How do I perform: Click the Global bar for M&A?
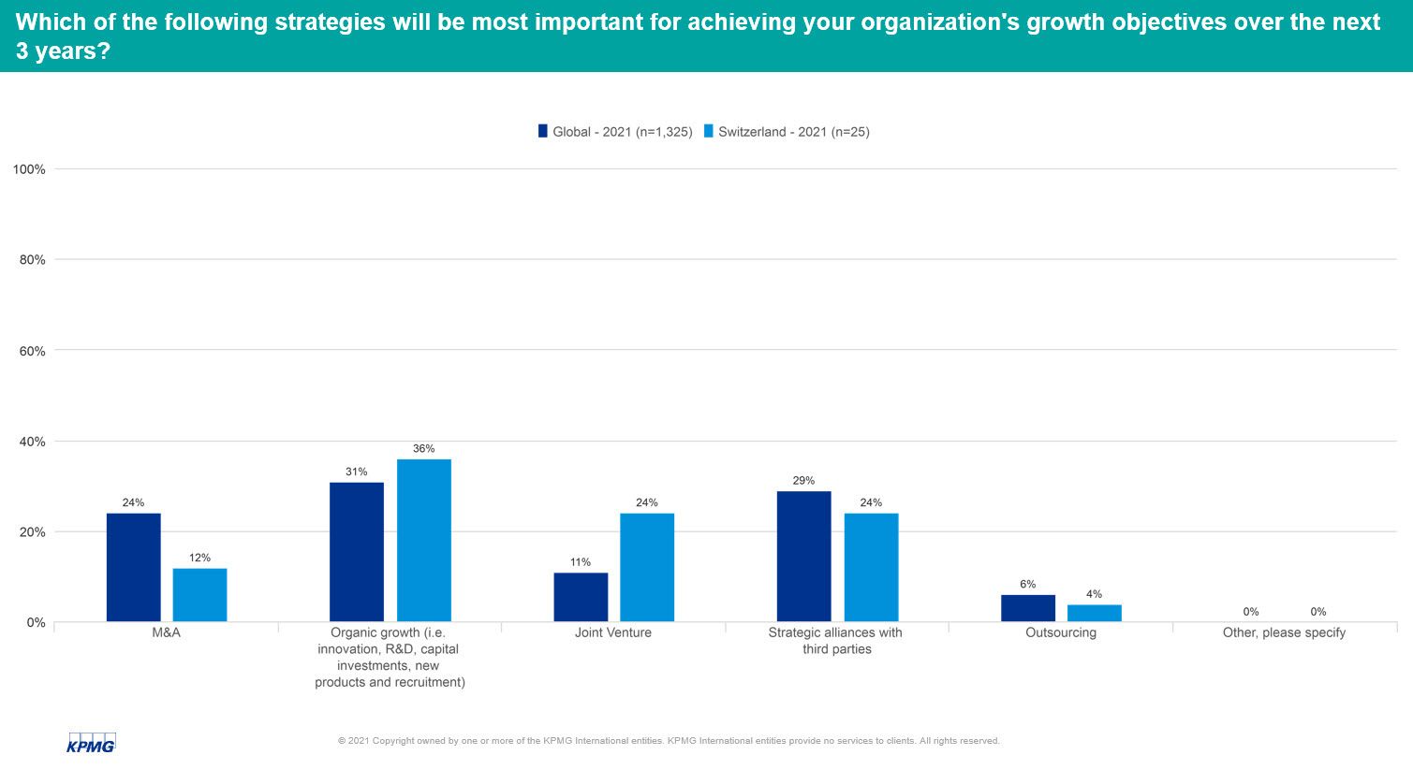133,567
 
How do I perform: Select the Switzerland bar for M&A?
199,595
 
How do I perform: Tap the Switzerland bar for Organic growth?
423,540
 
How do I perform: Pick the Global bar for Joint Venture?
581,597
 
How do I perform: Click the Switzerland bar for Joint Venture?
647,567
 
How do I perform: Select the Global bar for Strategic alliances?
803,556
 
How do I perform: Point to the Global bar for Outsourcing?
1027,608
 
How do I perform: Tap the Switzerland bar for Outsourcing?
1094,613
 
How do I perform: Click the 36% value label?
423,449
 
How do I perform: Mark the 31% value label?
357,472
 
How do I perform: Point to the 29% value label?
803,481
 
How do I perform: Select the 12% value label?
199,559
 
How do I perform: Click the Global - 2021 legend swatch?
543,132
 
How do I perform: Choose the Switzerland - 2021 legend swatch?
709,132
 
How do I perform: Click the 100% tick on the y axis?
29,169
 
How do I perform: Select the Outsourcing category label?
1060,632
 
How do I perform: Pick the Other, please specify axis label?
1284,632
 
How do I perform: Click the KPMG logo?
91,743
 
